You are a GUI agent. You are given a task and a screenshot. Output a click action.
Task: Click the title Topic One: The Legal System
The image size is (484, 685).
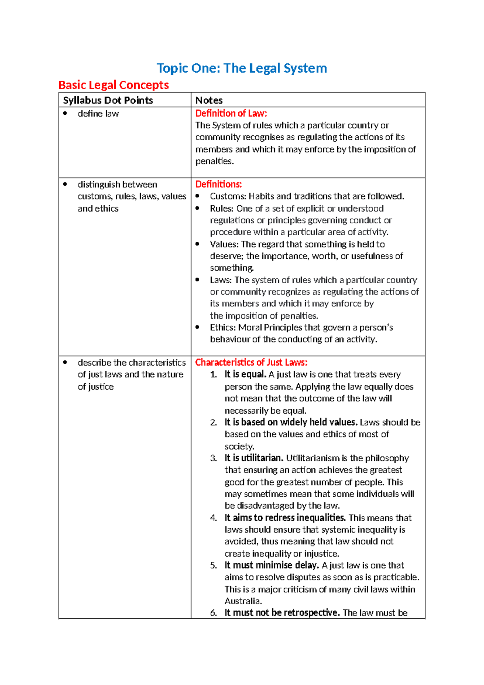(x=242, y=68)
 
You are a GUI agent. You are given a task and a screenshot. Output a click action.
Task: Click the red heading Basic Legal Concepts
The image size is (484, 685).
(x=113, y=85)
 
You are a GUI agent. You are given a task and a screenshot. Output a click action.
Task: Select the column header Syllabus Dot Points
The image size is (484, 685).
(x=108, y=100)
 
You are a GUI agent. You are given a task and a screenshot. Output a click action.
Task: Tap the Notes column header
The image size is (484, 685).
(x=209, y=100)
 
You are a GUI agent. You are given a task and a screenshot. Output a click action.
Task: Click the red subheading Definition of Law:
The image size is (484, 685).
(x=231, y=113)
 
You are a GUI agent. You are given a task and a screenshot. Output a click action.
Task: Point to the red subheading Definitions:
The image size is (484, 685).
(x=218, y=184)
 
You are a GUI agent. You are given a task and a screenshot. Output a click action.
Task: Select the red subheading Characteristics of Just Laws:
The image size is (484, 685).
(x=251, y=362)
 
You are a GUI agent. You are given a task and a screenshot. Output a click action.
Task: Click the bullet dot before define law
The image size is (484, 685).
(x=65, y=113)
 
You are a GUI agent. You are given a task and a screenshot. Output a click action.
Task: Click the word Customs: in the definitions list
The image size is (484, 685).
(x=228, y=196)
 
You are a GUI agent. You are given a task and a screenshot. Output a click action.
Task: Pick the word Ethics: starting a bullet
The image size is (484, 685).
(x=223, y=328)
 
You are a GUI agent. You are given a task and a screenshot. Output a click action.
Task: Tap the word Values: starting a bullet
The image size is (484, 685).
(x=224, y=244)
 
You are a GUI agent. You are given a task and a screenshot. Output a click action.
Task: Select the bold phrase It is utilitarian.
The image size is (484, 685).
(x=254, y=458)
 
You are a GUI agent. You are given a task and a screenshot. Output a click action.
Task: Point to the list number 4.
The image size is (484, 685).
(x=213, y=518)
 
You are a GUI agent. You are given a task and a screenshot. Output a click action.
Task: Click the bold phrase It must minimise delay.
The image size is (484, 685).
(x=271, y=565)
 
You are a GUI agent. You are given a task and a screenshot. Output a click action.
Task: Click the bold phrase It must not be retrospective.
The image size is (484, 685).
(x=282, y=613)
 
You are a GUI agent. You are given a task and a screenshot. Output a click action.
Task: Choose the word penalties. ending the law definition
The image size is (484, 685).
(x=215, y=161)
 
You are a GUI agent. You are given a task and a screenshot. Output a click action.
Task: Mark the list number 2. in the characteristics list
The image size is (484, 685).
(x=213, y=422)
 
